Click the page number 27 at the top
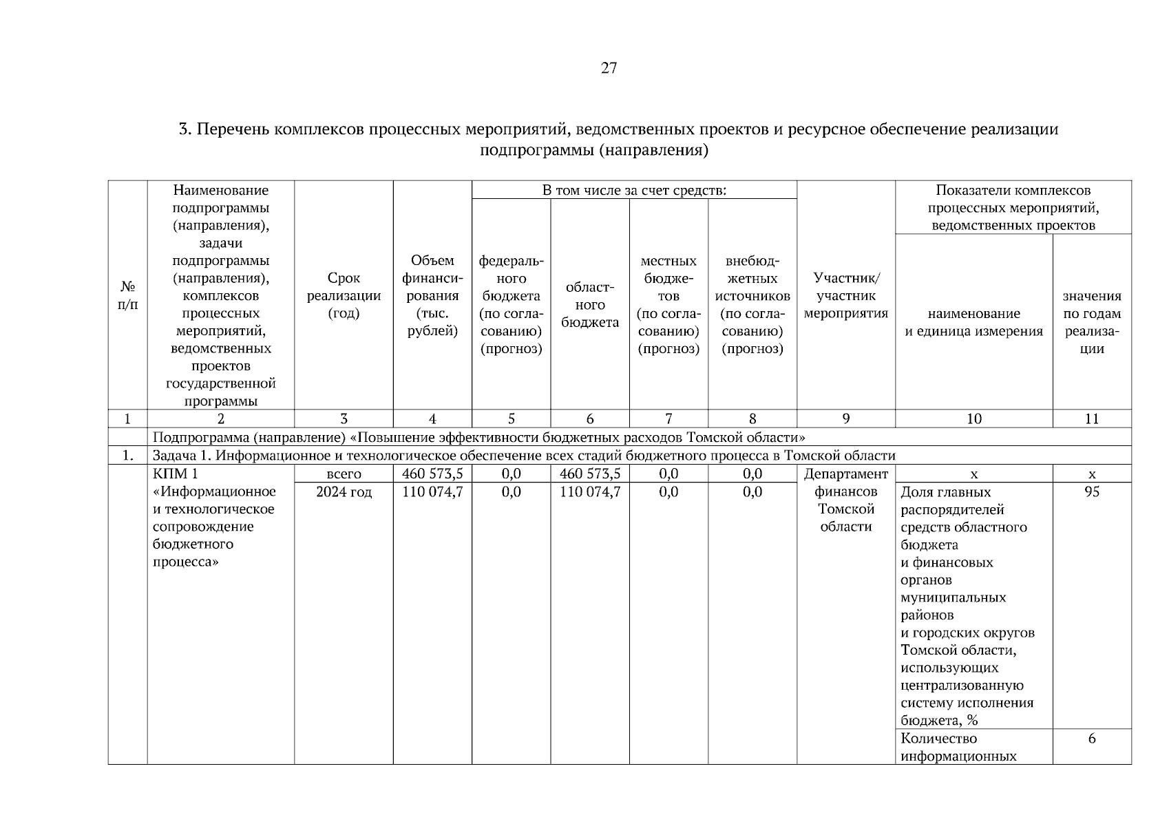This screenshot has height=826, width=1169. (x=609, y=68)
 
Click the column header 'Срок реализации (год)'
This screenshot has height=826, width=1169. (x=344, y=296)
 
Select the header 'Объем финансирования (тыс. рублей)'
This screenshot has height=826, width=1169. (x=432, y=296)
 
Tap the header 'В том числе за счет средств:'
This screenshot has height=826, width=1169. (x=634, y=190)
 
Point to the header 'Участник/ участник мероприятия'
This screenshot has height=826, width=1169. (x=846, y=296)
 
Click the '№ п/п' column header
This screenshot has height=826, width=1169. (x=127, y=295)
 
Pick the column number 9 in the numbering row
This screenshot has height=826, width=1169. (x=846, y=419)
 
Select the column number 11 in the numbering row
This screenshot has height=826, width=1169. (x=1092, y=419)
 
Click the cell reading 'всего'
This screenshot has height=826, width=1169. (x=344, y=474)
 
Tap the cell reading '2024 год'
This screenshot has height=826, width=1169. (x=344, y=492)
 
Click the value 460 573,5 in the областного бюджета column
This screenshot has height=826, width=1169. (x=589, y=474)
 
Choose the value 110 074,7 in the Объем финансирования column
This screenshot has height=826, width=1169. (x=432, y=492)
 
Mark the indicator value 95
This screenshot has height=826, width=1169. (x=1092, y=492)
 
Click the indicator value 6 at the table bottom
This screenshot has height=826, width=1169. (x=1092, y=739)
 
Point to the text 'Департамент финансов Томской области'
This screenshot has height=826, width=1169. (x=846, y=500)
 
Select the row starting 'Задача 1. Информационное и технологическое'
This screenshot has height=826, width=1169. (x=523, y=455)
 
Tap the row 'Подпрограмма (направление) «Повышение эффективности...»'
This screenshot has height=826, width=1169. (x=478, y=437)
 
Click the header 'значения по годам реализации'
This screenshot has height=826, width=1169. (x=1092, y=322)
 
